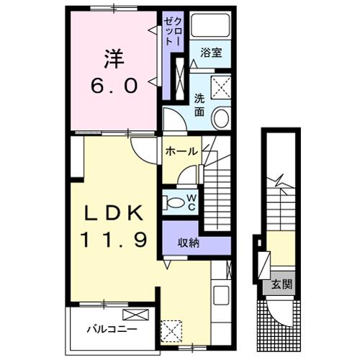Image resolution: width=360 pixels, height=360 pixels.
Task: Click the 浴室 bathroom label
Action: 212,53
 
